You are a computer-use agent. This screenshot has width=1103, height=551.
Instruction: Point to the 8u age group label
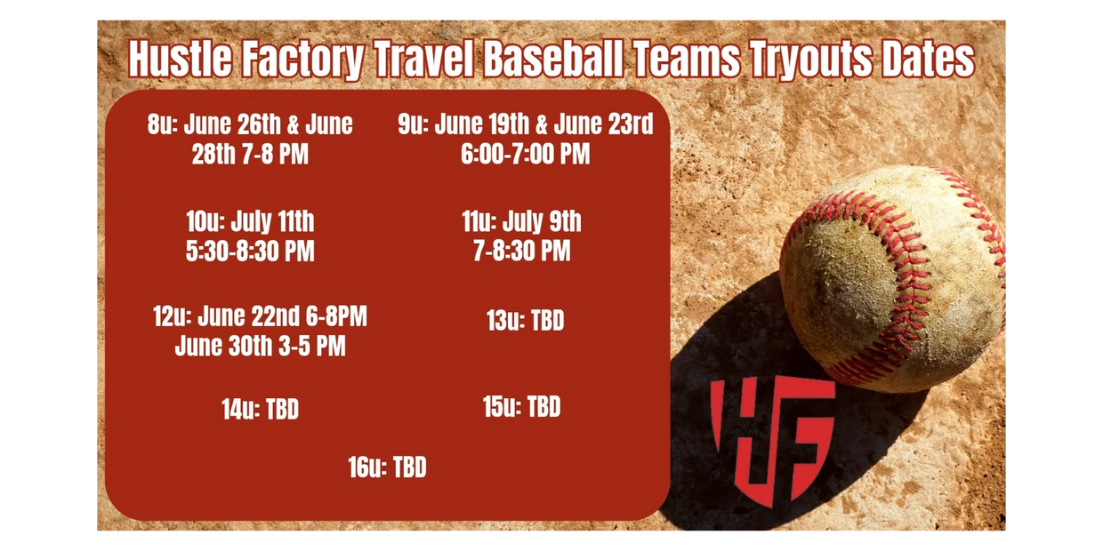pos(162,124)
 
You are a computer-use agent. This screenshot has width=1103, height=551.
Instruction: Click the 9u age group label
pos(413,124)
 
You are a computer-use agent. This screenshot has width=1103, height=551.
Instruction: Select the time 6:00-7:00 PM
pos(525,154)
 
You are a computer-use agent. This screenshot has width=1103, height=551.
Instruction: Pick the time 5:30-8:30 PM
pos(250,251)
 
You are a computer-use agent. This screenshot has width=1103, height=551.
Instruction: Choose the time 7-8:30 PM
pos(521,251)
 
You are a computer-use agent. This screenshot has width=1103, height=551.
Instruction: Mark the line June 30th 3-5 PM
pos(260,346)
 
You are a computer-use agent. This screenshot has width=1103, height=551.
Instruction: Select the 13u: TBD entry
pos(525,321)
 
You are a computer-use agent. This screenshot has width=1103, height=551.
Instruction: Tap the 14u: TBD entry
pos(260,410)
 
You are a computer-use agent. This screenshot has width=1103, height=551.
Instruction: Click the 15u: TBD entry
pos(521,407)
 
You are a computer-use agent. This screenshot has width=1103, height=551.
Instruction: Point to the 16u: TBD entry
pos(387,467)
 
